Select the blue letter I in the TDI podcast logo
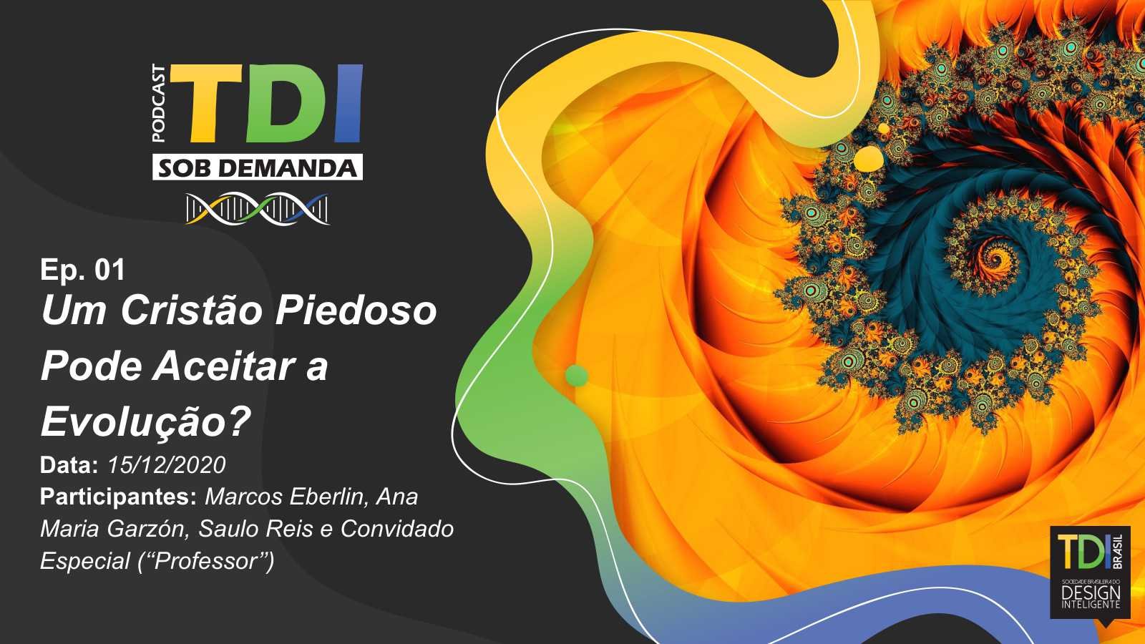(349, 103)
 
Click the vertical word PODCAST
(159, 103)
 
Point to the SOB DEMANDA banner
(258, 167)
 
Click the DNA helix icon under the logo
(258, 208)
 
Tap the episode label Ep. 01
(83, 270)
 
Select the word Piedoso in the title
(356, 311)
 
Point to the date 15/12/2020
(167, 465)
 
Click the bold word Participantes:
(119, 497)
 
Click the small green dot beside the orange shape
(577, 376)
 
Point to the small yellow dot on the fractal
(869, 158)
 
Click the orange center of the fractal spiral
(997, 255)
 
